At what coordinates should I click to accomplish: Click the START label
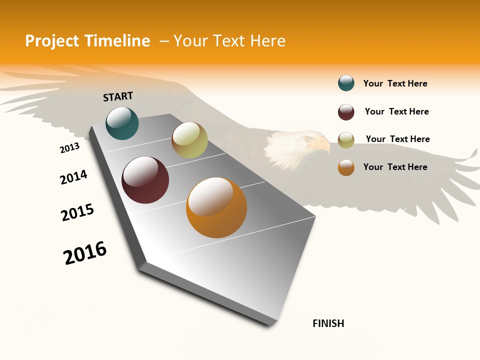(118, 96)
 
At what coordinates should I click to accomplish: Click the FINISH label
(328, 323)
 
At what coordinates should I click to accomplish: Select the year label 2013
(69, 148)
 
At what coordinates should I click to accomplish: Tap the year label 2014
(73, 177)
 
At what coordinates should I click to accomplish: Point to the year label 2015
(77, 212)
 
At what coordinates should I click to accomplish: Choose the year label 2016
(85, 253)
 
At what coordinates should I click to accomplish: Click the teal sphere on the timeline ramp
(122, 123)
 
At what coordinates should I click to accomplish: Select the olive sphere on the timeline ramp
(189, 140)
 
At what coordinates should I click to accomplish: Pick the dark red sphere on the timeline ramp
(145, 180)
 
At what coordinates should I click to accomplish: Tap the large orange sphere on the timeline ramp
(216, 207)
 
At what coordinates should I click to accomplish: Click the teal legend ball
(346, 83)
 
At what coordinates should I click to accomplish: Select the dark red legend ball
(346, 112)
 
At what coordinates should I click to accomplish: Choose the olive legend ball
(346, 140)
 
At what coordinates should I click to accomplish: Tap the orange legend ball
(346, 168)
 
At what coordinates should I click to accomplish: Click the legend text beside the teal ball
(395, 83)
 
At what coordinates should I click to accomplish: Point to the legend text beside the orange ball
(395, 167)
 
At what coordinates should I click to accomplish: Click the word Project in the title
(52, 41)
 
